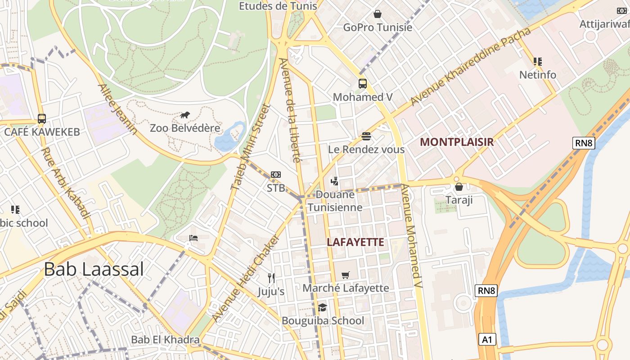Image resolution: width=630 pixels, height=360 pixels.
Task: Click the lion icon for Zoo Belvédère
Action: pos(185,115)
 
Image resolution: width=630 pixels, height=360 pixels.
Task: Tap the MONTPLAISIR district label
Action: pos(457,142)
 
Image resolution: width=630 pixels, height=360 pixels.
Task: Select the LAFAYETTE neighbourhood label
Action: pos(355,242)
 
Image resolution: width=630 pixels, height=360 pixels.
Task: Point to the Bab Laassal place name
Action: pos(94,269)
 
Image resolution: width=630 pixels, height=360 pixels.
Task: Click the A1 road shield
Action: pos(487,339)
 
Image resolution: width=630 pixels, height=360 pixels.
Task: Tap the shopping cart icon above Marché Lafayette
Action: pos(346,275)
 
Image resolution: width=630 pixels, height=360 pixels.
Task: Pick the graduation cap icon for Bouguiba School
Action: pos(322,308)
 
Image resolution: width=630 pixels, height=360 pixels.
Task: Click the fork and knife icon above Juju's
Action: pos(271,278)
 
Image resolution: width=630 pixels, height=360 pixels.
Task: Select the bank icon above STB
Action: pos(276,175)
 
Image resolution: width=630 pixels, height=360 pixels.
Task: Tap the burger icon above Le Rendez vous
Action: pos(366,136)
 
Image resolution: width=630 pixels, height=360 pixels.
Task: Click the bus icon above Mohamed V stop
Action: pos(363,84)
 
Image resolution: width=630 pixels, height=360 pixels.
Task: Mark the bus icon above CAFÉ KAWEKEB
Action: pos(42,119)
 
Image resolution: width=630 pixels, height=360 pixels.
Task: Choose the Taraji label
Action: pos(459,200)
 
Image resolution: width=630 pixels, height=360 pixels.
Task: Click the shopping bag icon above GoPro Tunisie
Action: pos(378,14)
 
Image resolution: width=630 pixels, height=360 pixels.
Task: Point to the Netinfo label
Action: pos(538,75)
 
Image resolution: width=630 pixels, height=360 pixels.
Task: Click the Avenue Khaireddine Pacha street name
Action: pos(470,67)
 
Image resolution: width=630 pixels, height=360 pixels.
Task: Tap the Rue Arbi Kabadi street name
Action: pos(66,183)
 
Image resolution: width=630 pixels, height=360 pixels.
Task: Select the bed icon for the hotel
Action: pos(193,238)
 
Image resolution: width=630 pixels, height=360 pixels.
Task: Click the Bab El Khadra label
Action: pos(165,339)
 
